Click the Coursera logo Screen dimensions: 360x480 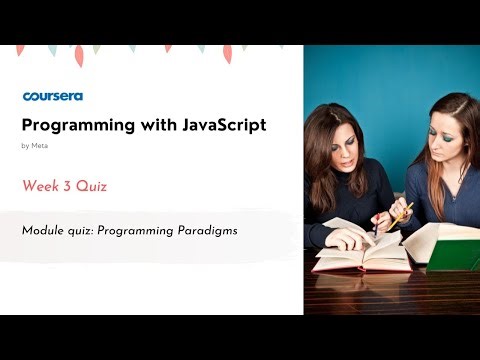(52, 97)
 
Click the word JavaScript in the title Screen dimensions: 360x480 (220, 125)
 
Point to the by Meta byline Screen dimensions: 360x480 (34, 146)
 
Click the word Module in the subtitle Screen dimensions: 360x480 (40, 230)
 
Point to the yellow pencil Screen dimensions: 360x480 (402, 212)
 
